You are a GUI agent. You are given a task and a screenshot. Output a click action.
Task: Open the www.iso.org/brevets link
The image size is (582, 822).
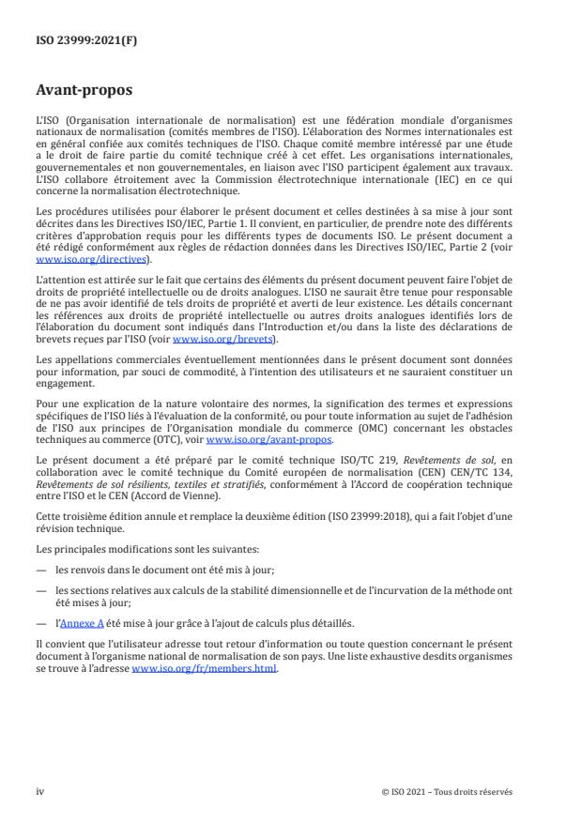point(212,339)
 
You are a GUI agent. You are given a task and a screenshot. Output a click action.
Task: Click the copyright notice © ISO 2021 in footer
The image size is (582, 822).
point(406,791)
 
